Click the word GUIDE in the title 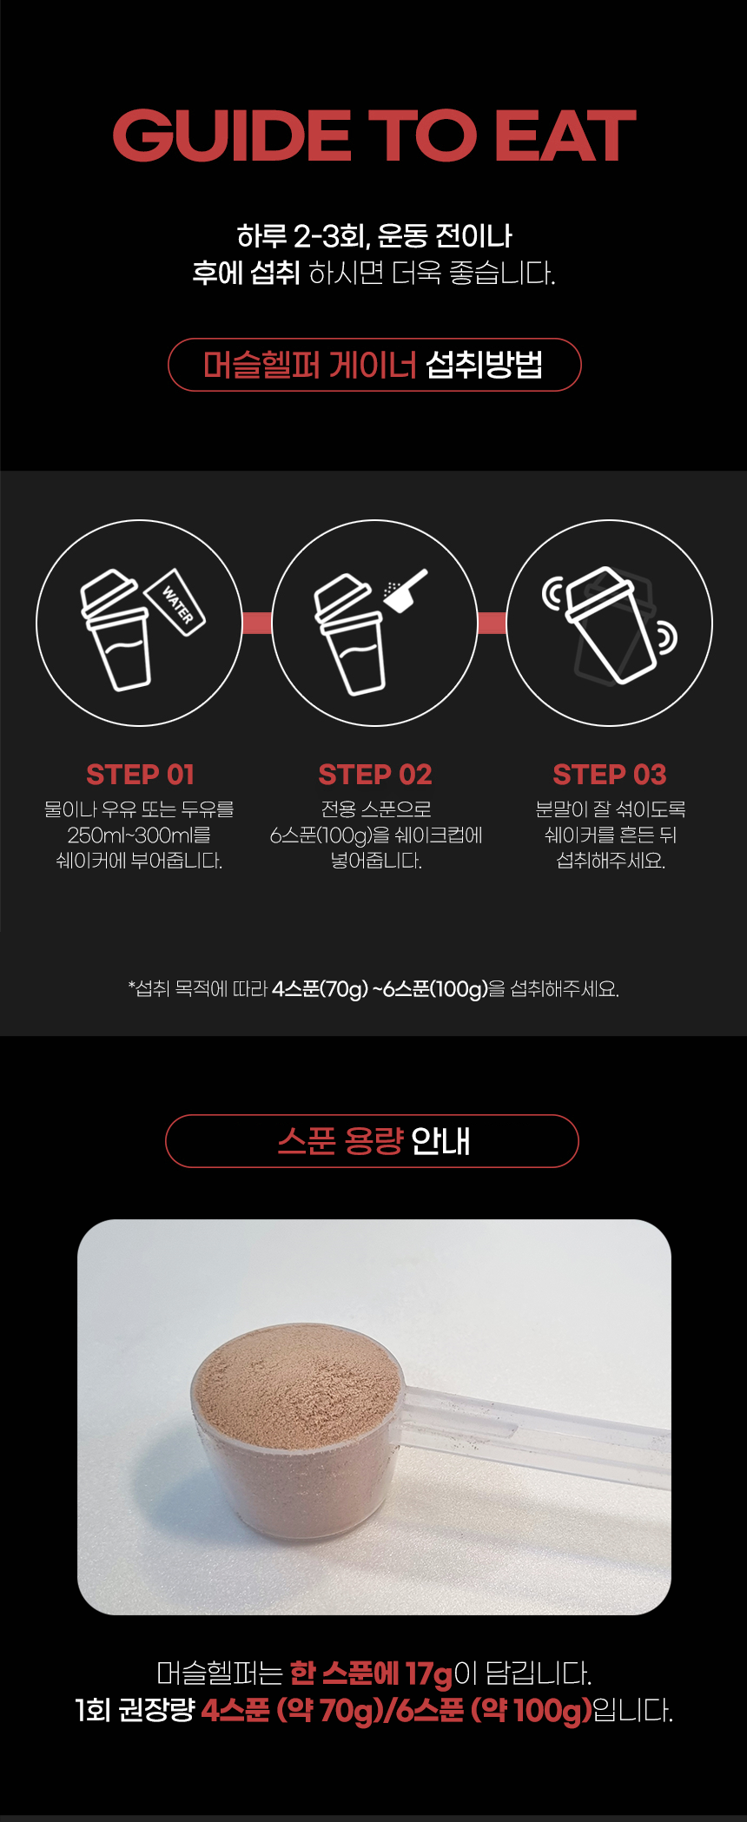coord(231,136)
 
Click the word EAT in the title coord(565,136)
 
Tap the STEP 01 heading coord(140,774)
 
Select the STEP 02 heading coord(375,774)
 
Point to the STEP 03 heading coord(610,774)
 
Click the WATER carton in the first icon coord(177,602)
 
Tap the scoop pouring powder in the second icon coord(407,589)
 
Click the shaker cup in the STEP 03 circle coord(609,623)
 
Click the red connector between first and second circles coord(257,623)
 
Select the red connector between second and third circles coord(492,623)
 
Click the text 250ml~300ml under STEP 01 coord(139,835)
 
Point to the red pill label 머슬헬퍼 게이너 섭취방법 coord(373,365)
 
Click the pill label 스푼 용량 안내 coord(373,1141)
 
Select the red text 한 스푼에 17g coord(371,1673)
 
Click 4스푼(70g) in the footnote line coord(321,989)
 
